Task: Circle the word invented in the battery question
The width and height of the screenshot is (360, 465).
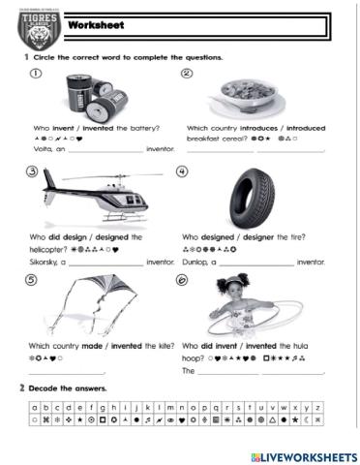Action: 95,128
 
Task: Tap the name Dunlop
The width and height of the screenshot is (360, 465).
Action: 195,262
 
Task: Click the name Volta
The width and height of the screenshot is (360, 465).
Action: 44,150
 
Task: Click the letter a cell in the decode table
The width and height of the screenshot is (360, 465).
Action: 35,409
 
